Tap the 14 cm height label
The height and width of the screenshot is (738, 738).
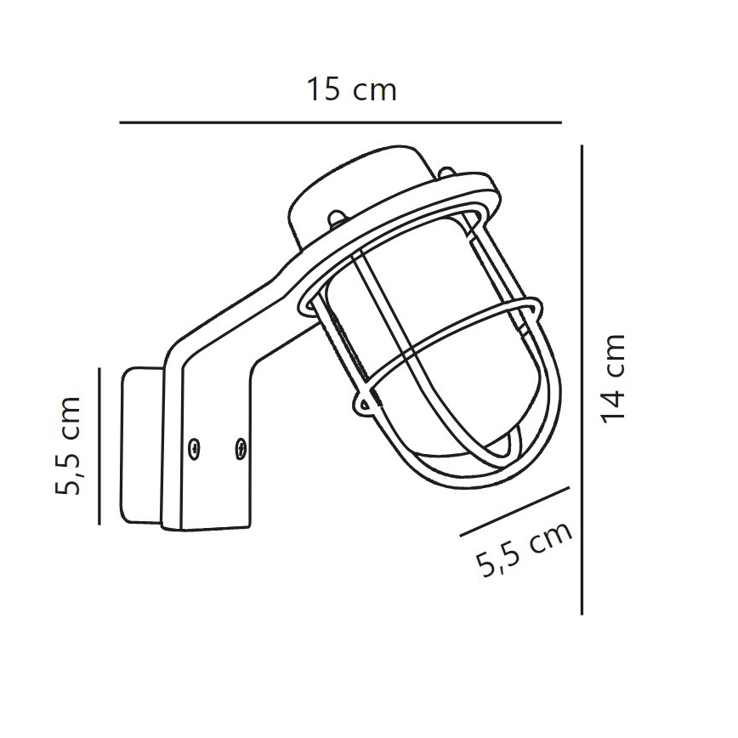[611, 377]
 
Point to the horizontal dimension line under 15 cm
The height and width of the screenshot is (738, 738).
[340, 123]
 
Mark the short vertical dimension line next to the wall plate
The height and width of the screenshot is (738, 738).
[100, 446]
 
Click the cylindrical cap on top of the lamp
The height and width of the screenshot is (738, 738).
[361, 183]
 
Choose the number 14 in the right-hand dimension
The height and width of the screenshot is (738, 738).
[611, 400]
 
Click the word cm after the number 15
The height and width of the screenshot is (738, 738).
[375, 91]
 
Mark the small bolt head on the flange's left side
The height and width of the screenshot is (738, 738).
[337, 219]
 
